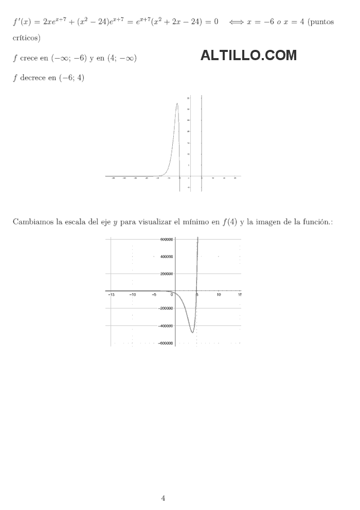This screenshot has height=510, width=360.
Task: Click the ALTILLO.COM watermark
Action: coord(248,56)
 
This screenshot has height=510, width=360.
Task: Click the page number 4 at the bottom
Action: coord(163,498)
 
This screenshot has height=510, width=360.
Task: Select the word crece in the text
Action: coord(29,59)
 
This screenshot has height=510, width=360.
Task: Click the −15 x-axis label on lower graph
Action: coord(111,295)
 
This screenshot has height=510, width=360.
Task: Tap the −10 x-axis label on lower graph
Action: coord(132,295)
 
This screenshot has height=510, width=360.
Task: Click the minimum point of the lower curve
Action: coord(192,333)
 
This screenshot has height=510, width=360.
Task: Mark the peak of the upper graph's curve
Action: coord(177,103)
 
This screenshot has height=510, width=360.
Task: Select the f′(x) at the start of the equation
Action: coord(21,22)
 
